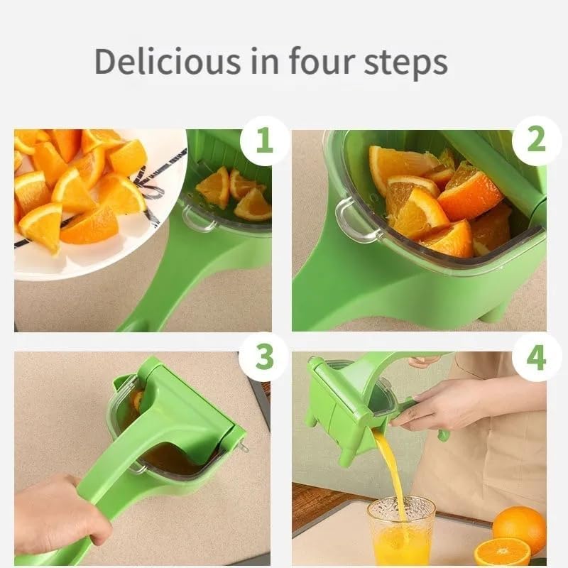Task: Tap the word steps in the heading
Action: point(404,62)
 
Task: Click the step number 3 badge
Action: point(264,357)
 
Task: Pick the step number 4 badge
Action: point(536,357)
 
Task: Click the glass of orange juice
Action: point(401,531)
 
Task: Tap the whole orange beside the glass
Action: point(519,529)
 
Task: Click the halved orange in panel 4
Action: point(502,552)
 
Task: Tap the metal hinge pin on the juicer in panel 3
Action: point(243,447)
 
